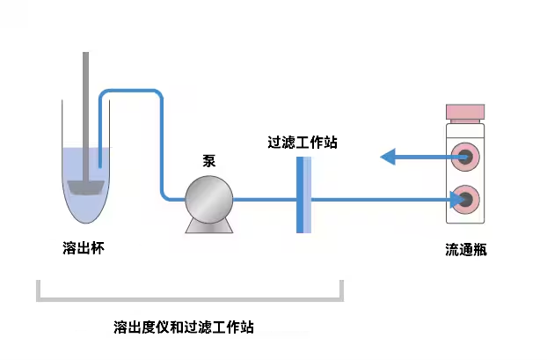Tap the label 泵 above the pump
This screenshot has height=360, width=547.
(x=209, y=161)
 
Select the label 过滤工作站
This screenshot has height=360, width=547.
(x=303, y=141)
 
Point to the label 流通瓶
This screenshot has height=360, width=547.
(x=465, y=249)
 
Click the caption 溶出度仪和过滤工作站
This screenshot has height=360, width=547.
(x=184, y=327)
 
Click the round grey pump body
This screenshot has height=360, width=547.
(x=209, y=195)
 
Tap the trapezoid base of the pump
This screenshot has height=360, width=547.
(x=209, y=224)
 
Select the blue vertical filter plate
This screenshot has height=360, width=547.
(x=303, y=195)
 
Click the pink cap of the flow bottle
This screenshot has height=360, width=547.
(x=465, y=113)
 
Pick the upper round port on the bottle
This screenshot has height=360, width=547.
(x=466, y=158)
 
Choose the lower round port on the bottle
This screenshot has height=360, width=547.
(x=466, y=200)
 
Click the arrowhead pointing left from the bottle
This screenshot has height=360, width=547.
(x=388, y=158)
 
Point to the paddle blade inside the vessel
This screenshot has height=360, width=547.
(x=85, y=187)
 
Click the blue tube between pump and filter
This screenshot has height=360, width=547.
(x=265, y=199)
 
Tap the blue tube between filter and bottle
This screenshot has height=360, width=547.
(x=378, y=200)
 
